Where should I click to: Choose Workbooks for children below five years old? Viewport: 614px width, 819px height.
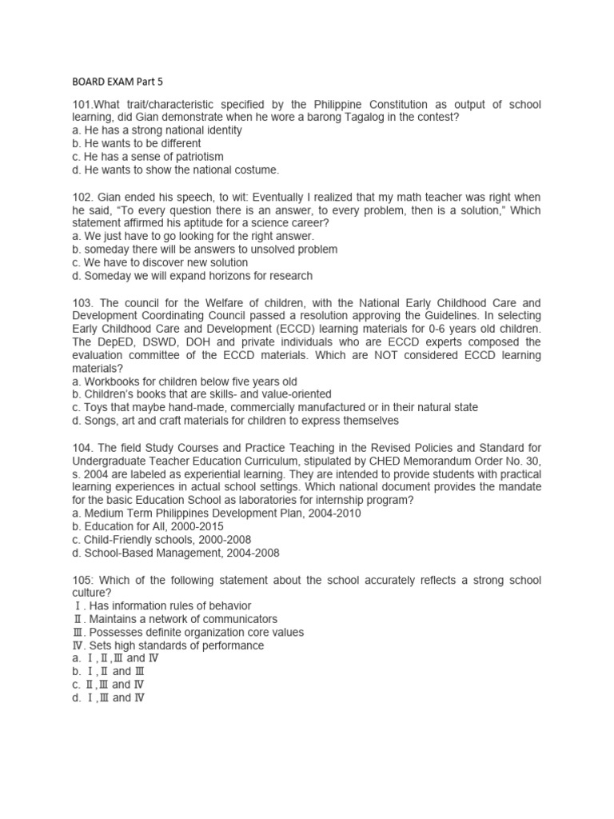click(184, 382)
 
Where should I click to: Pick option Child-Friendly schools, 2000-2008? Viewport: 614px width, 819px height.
click(160, 539)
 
